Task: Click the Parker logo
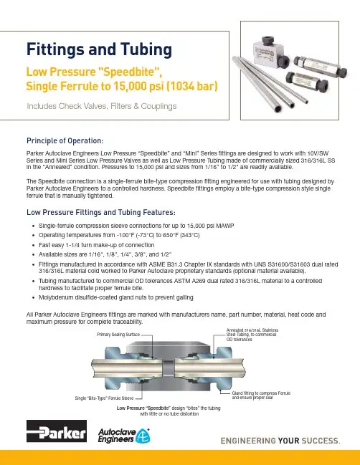pos(57,431)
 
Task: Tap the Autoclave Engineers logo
pos(124,436)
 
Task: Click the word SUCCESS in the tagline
pos(321,441)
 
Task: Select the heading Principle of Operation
pos(65,140)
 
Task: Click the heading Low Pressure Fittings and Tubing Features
pos(101,212)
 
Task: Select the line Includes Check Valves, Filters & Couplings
pos(102,106)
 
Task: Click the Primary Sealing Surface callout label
pos(118,335)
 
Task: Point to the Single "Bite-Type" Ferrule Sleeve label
pos(104,398)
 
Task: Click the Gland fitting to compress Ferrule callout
pos(261,396)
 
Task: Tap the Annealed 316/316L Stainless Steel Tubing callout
pos(252,335)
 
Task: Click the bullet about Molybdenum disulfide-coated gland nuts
pos(116,297)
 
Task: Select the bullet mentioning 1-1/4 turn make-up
pos(97,245)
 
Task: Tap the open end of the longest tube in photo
pos(278,109)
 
